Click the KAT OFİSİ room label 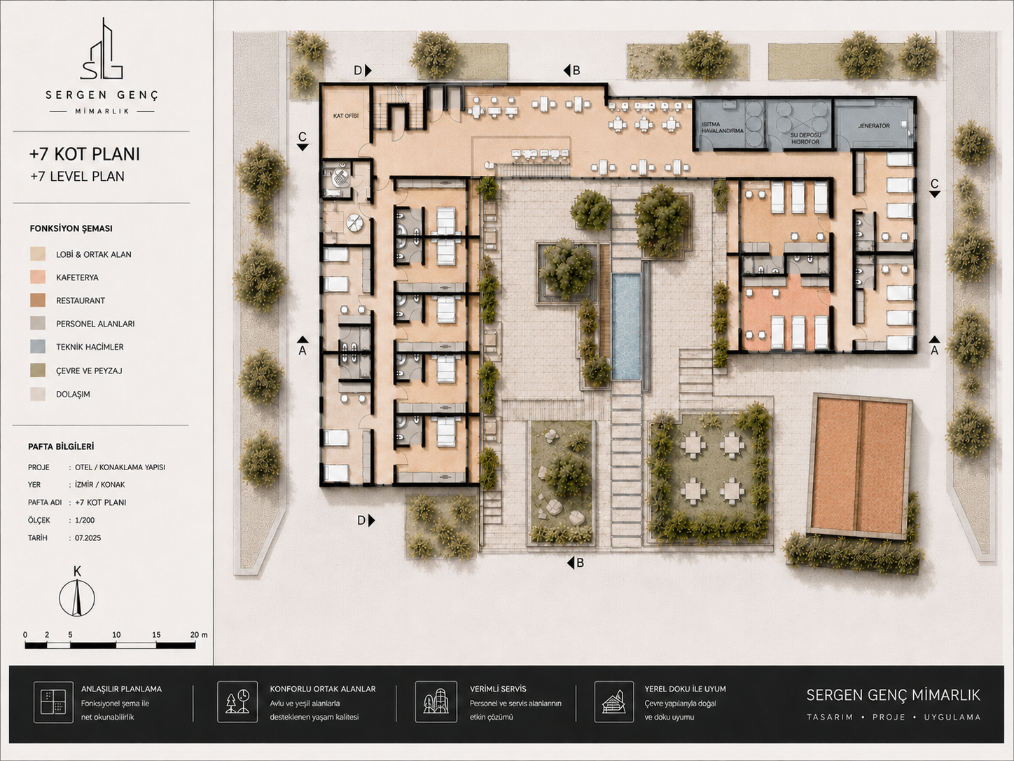[345, 116]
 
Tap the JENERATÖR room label [873, 125]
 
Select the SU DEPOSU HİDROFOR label [805, 139]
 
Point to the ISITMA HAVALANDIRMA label [723, 128]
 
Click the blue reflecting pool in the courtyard [626, 327]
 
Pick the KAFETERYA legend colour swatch [38, 277]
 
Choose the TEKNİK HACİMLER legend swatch [38, 347]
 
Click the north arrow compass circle [77, 598]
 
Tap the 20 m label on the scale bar [199, 635]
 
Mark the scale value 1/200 [85, 520]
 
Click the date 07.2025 [88, 538]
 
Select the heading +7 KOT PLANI [85, 154]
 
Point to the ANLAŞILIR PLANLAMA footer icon [54, 702]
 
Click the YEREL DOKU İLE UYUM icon [614, 701]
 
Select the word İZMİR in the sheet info [85, 485]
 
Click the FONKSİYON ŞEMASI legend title [71, 228]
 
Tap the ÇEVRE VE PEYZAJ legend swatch [38, 371]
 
